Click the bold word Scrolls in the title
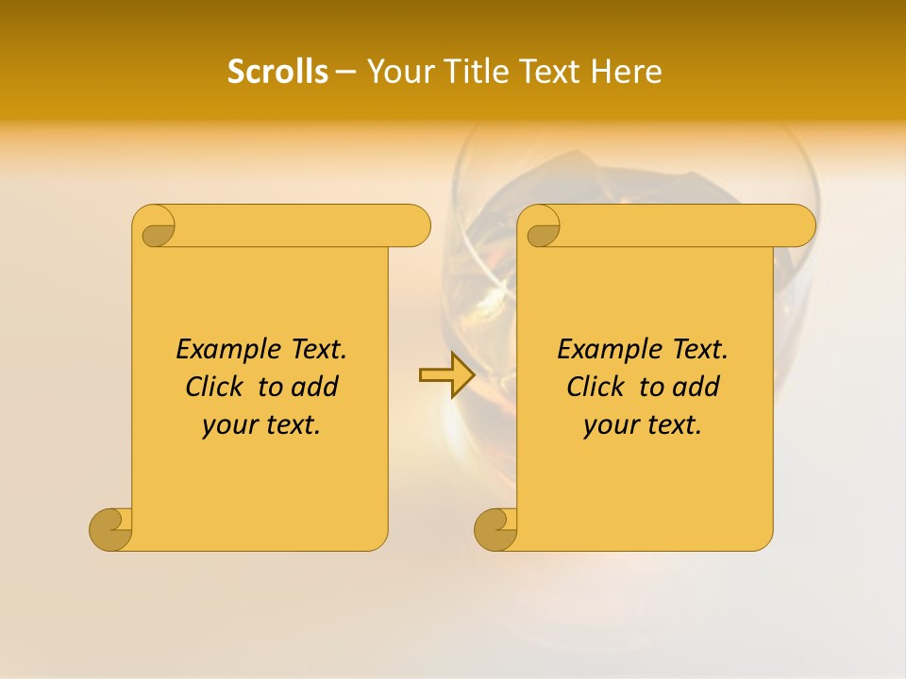(x=277, y=72)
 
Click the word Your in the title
(x=398, y=72)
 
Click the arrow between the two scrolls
(x=446, y=375)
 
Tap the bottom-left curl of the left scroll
(x=111, y=528)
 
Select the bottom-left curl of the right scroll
(x=496, y=528)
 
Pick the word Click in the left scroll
(x=215, y=387)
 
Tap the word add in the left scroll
(x=314, y=387)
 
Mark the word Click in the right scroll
(x=596, y=387)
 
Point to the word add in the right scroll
(x=696, y=387)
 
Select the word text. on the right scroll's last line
(x=671, y=425)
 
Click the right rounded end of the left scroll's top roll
(x=415, y=225)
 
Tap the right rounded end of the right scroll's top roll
(x=800, y=225)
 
